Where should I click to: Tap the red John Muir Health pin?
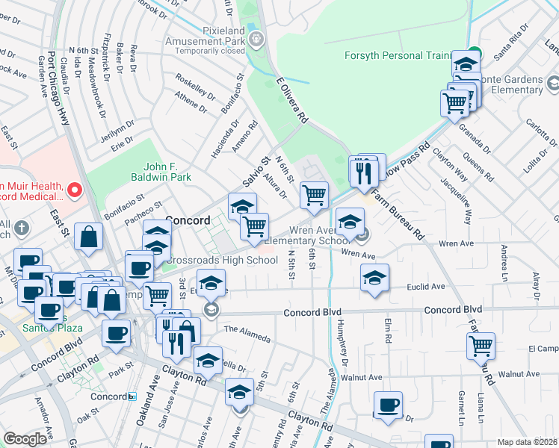[x=74, y=190]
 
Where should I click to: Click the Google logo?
[x=25, y=439]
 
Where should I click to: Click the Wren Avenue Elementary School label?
[x=307, y=235]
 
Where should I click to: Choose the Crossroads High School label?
[x=221, y=261]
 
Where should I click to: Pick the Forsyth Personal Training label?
[x=397, y=55]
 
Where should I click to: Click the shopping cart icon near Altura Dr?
[x=315, y=196]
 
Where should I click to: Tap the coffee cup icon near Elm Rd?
[x=387, y=405]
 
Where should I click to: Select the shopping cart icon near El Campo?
[x=481, y=346]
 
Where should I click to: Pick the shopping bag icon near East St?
[x=89, y=237]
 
